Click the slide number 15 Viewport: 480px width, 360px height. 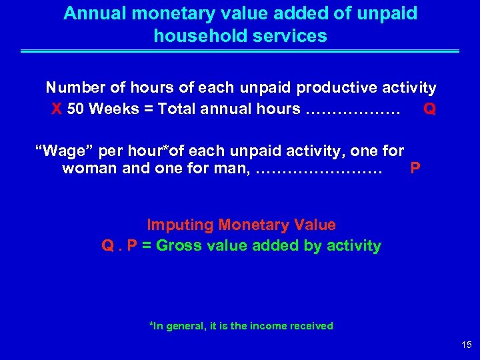pos(466,345)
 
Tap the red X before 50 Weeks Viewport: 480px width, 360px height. pos(57,109)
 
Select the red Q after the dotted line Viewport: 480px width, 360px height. pos(430,109)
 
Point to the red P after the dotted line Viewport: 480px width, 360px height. pos(415,169)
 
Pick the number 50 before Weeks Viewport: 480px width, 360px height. pos(75,109)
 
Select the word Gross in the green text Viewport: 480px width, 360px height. pos(181,245)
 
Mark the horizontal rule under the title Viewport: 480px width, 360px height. pos(240,51)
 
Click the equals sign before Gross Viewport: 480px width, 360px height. pos(147,245)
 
